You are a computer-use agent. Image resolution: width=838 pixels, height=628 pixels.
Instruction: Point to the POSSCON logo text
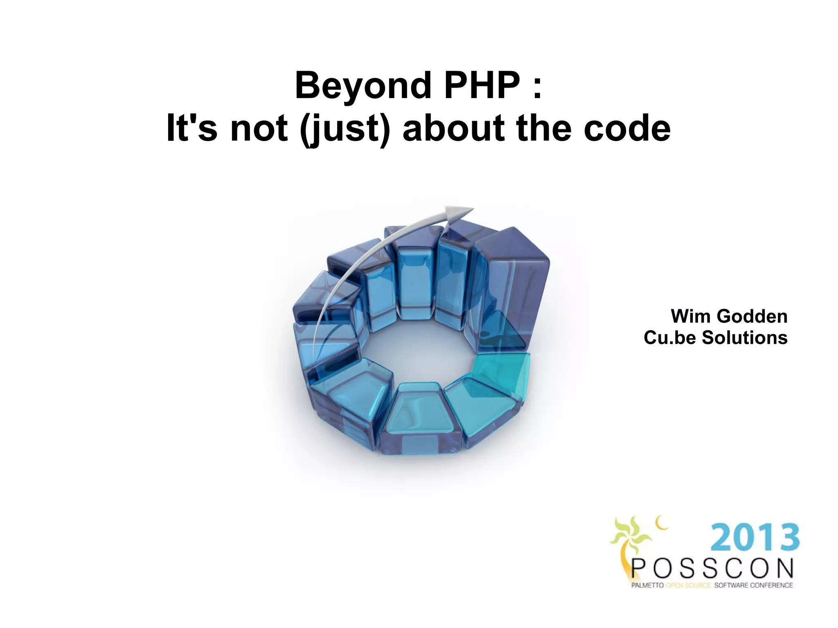[712, 569]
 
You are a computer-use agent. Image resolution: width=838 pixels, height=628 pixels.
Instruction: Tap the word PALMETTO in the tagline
[647, 585]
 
